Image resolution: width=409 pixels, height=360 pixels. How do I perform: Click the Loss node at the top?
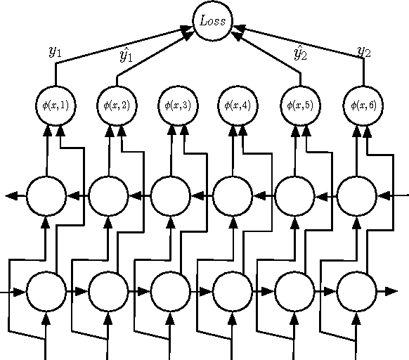[213, 20]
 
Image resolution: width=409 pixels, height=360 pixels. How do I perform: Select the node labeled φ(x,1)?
[56, 105]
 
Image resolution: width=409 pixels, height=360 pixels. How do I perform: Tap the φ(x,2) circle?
[117, 105]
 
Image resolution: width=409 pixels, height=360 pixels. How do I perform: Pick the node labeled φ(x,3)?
[178, 105]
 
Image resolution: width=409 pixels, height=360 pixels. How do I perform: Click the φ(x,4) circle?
[240, 105]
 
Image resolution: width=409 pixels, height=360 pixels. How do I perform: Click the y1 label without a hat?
[55, 51]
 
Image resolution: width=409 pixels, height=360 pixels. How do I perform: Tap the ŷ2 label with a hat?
[300, 53]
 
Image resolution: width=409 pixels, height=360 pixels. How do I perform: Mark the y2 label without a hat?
[363, 51]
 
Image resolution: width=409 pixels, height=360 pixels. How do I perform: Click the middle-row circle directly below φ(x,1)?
[46, 195]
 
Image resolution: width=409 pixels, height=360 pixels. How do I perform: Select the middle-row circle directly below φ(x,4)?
[232, 195]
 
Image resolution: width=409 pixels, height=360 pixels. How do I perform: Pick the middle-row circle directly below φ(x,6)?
[356, 195]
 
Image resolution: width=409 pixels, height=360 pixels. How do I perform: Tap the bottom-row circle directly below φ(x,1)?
[46, 290]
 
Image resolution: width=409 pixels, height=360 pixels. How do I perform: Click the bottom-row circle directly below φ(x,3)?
[170, 290]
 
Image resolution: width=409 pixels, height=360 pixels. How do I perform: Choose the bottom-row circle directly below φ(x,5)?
[294, 290]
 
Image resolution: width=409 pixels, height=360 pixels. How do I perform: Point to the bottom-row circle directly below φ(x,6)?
[356, 290]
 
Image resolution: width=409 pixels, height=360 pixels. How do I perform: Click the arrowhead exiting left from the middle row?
[12, 195]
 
